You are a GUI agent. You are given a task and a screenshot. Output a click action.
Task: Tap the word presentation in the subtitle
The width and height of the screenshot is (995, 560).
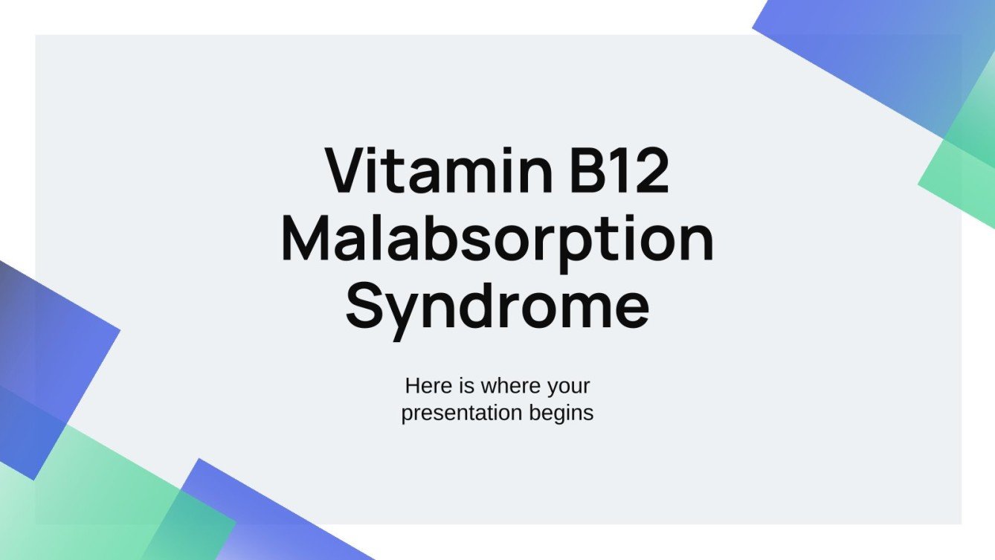pyautogui.click(x=461, y=413)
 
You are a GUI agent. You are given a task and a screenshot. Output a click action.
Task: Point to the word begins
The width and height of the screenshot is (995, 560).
pyautogui.click(x=560, y=413)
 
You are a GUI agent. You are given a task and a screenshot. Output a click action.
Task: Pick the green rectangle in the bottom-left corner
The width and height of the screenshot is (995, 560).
pyautogui.click(x=97, y=498)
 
